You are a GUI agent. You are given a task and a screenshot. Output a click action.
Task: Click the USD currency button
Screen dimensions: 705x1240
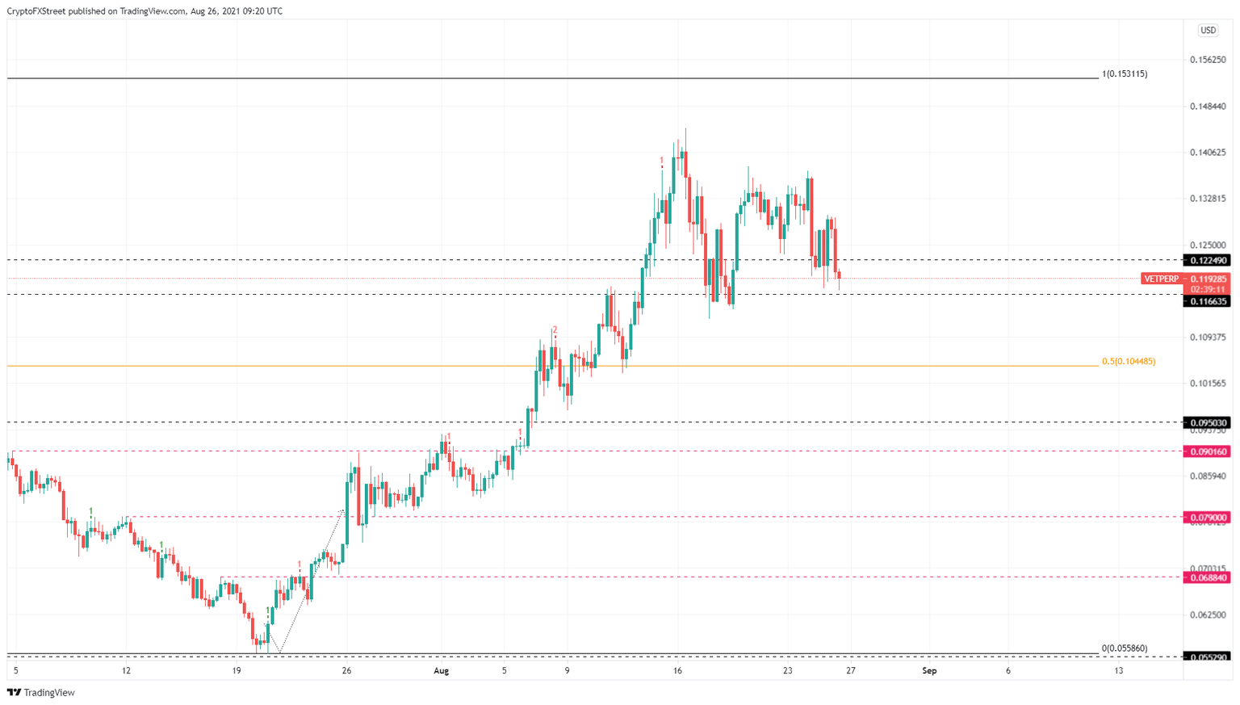pyautogui.click(x=1208, y=31)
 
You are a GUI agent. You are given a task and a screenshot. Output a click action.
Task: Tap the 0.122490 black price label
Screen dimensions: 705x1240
pyautogui.click(x=1206, y=261)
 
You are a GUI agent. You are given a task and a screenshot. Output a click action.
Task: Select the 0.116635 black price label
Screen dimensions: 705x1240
pyautogui.click(x=1206, y=301)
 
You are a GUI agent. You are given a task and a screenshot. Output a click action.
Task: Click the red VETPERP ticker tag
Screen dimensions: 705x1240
pyautogui.click(x=1161, y=279)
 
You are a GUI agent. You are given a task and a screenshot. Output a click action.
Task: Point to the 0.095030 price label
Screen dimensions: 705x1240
pyautogui.click(x=1206, y=422)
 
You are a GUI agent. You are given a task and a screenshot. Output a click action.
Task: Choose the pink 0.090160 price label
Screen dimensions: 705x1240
pyautogui.click(x=1206, y=452)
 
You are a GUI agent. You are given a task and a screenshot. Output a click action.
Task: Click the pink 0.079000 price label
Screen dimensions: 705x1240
pyautogui.click(x=1206, y=518)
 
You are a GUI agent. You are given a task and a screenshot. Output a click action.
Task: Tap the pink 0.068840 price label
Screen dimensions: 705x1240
pyautogui.click(x=1206, y=577)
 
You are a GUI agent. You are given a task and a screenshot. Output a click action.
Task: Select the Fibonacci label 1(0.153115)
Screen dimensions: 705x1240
pyautogui.click(x=1125, y=74)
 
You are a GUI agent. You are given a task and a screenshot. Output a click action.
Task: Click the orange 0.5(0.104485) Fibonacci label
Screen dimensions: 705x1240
pyautogui.click(x=1128, y=362)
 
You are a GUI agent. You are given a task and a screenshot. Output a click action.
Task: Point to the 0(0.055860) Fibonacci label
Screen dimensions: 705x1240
pyautogui.click(x=1124, y=648)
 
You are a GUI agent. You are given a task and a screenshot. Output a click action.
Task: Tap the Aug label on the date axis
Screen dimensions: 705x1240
pyautogui.click(x=441, y=671)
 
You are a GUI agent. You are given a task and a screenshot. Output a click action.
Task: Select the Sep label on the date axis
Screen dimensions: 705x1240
pyautogui.click(x=929, y=671)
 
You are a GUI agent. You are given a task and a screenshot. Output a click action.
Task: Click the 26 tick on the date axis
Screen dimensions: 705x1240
pyautogui.click(x=346, y=671)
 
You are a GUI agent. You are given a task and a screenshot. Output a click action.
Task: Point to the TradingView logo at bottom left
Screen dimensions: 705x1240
pyautogui.click(x=41, y=693)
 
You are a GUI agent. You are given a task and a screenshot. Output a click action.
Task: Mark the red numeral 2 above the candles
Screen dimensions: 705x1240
pyautogui.click(x=555, y=329)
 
